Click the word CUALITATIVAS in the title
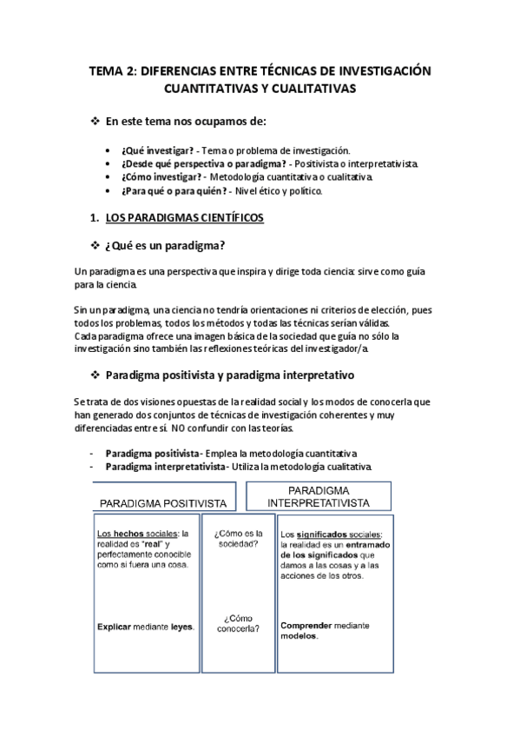(313, 89)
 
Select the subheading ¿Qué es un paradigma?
(169, 246)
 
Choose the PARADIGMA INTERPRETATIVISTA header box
(318, 496)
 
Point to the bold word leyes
(181, 626)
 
